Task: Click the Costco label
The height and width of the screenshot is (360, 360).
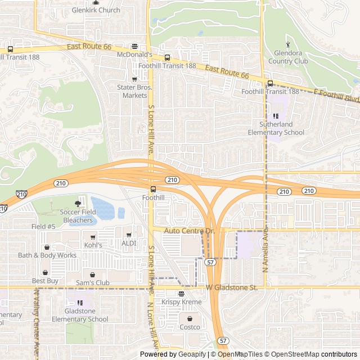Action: click(190, 327)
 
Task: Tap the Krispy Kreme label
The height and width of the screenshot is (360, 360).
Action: click(181, 302)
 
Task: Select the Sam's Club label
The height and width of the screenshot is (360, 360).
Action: click(93, 282)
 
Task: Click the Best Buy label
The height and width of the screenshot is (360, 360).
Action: click(45, 281)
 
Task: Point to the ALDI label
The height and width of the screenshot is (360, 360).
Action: click(129, 243)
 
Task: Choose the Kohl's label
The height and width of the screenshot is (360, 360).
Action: click(93, 245)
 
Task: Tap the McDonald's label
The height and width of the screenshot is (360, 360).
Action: click(134, 55)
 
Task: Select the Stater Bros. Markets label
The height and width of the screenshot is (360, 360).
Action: click(134, 91)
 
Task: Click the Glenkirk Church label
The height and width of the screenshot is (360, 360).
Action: click(96, 10)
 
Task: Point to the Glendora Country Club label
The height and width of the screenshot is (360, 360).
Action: click(288, 57)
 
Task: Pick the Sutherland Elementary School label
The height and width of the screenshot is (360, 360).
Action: click(276, 128)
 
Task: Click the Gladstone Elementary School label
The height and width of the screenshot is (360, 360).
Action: click(80, 315)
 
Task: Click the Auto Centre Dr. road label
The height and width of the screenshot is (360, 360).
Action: click(190, 231)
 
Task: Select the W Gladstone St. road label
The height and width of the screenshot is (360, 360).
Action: click(231, 287)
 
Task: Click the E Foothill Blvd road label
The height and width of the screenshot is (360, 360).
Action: click(336, 96)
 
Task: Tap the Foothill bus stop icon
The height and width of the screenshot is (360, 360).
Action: click(153, 188)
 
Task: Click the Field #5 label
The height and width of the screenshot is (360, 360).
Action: click(43, 227)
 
